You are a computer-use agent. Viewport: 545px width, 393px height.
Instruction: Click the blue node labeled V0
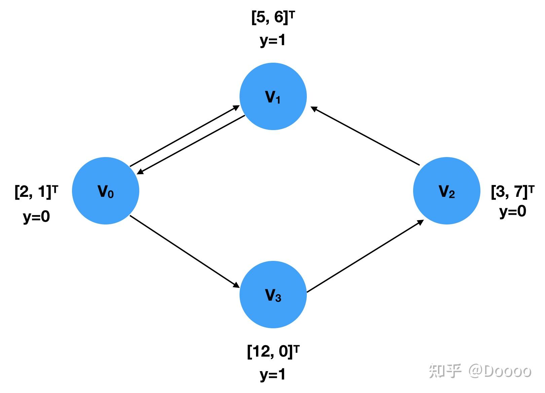pyautogui.click(x=106, y=191)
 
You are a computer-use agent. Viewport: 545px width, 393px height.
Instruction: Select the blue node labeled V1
pyautogui.click(x=273, y=96)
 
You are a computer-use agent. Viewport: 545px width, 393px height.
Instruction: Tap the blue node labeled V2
pyautogui.click(x=446, y=191)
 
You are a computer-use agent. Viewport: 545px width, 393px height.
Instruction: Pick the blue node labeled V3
pyautogui.click(x=273, y=295)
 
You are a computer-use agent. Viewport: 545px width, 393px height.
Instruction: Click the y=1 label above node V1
pyautogui.click(x=272, y=40)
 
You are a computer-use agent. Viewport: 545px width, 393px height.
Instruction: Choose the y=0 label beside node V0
pyautogui.click(x=36, y=216)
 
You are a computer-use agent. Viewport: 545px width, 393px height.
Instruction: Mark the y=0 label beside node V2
pyautogui.click(x=512, y=211)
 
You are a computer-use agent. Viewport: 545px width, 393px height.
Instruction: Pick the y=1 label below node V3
pyautogui.click(x=272, y=374)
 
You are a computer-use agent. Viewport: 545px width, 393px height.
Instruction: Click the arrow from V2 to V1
pyautogui.click(x=365, y=136)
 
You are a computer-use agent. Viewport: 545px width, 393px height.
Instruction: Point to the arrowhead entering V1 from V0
pyautogui.click(x=236, y=108)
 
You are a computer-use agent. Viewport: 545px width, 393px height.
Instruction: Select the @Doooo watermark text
pyautogui.click(x=500, y=371)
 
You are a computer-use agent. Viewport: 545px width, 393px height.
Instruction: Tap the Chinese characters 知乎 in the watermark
pyautogui.click(x=445, y=371)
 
